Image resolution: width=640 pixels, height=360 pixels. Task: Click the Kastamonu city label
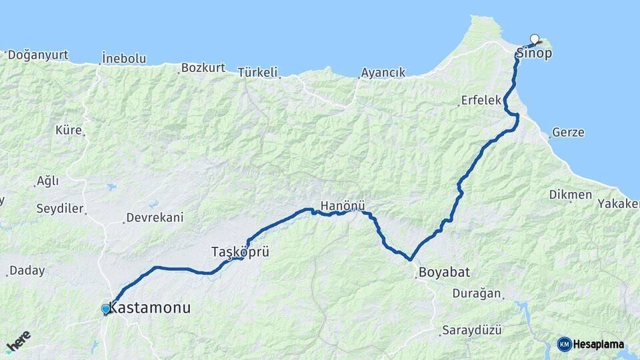point(149,308)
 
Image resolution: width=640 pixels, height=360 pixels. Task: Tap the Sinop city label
point(535,53)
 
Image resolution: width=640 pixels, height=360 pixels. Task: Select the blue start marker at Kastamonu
point(105,309)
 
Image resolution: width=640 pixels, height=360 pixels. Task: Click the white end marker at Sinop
point(534,39)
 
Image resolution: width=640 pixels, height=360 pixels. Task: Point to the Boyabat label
point(445,272)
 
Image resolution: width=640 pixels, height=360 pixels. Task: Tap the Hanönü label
point(343,205)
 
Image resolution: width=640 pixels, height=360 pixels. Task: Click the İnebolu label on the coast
point(124,59)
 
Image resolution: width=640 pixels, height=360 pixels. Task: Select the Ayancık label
point(383,73)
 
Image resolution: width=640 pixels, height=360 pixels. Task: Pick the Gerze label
point(568,132)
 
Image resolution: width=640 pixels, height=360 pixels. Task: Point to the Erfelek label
point(481,101)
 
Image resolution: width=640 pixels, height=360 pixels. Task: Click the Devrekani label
point(155,217)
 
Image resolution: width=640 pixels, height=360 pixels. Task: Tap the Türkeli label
point(257,72)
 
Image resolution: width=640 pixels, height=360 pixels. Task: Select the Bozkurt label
point(203,68)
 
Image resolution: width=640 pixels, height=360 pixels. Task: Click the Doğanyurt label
point(38,55)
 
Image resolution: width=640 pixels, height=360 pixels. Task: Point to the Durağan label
point(477,293)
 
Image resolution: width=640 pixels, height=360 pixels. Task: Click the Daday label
point(27,271)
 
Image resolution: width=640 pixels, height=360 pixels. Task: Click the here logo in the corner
point(18,342)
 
